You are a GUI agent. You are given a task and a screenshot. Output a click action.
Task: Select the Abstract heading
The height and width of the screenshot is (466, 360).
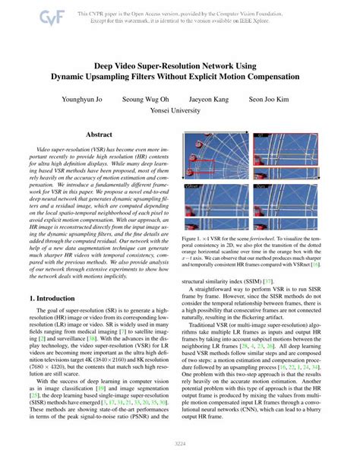[99, 135]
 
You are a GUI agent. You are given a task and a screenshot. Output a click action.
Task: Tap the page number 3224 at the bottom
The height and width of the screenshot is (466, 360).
[180, 443]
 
